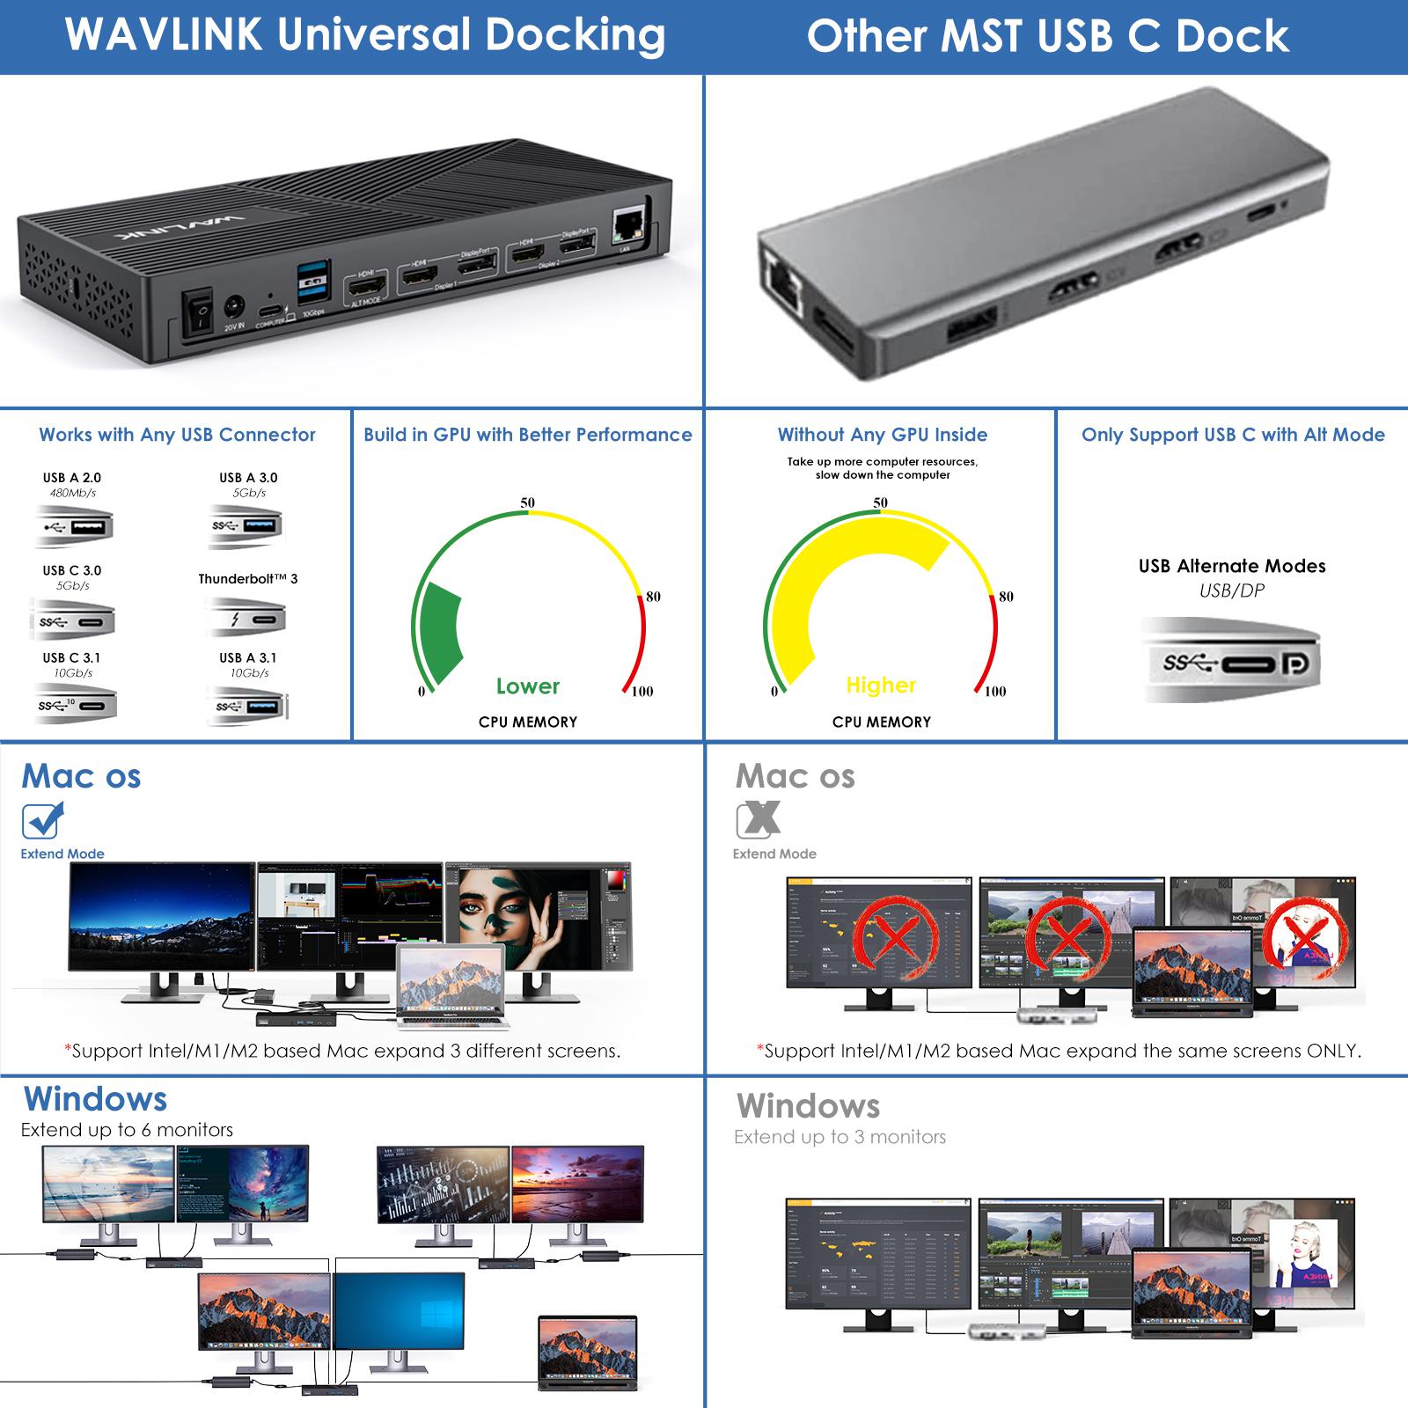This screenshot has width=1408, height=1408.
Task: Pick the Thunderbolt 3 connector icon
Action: pyautogui.click(x=247, y=619)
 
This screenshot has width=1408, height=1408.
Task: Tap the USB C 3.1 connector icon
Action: pyautogui.click(x=74, y=705)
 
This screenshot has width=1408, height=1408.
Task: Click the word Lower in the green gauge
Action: pyautogui.click(x=527, y=686)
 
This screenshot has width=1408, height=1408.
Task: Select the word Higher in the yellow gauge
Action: pyautogui.click(x=881, y=686)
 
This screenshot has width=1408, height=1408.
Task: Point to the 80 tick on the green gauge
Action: pyautogui.click(x=652, y=597)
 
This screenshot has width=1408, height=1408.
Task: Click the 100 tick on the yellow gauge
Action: pyautogui.click(x=994, y=692)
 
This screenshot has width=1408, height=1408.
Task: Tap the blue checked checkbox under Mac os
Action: pyautogui.click(x=41, y=821)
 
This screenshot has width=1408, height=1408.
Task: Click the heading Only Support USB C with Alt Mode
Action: pyautogui.click(x=1233, y=435)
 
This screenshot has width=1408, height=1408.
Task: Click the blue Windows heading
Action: pyautogui.click(x=95, y=1099)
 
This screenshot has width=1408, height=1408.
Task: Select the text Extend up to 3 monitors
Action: pyautogui.click(x=840, y=1137)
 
